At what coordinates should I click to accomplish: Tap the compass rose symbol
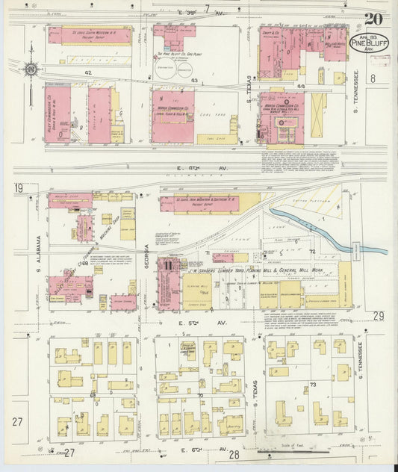pyautogui.click(x=31, y=69)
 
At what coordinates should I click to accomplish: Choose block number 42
pyautogui.click(x=87, y=72)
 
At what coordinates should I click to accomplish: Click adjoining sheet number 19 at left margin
pyautogui.click(x=17, y=189)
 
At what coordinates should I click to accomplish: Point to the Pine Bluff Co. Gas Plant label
pyautogui.click(x=174, y=55)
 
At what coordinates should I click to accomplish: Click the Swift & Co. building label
pyautogui.click(x=270, y=34)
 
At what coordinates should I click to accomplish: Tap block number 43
pyautogui.click(x=194, y=80)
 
